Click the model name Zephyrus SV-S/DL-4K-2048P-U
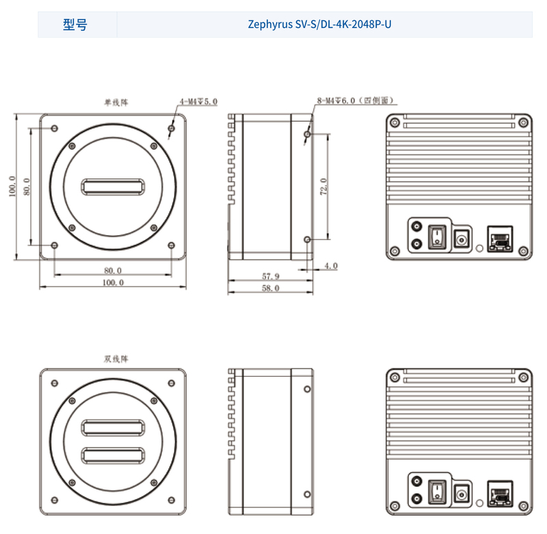tap(319, 25)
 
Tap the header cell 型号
tap(75, 25)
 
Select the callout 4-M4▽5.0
tap(198, 101)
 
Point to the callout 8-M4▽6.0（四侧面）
tap(356, 101)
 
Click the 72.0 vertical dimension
tap(323, 187)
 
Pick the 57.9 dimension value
tap(270, 276)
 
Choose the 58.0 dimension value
tap(270, 288)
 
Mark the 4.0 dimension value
tap(331, 266)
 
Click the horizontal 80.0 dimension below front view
tap(113, 270)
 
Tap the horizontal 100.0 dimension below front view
tap(113, 282)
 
